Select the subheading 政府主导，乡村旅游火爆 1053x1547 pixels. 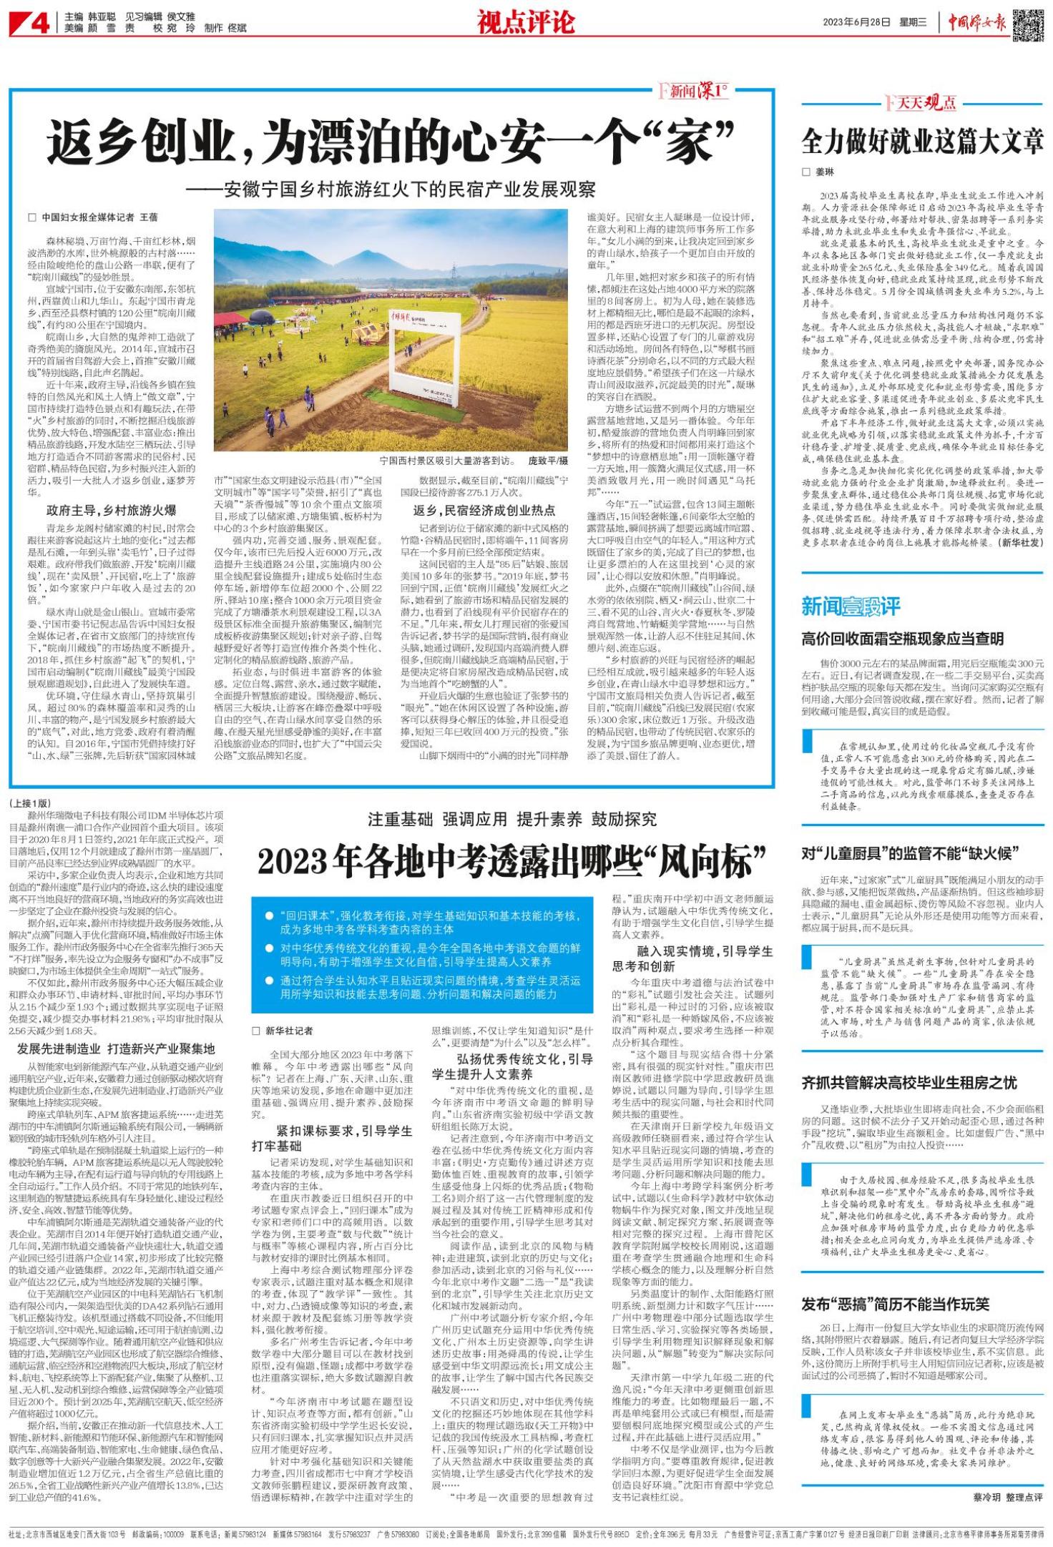[111, 510]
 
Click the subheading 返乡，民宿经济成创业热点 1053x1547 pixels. [484, 510]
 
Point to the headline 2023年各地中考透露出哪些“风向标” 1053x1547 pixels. [511, 863]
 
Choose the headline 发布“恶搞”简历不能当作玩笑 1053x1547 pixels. [895, 1304]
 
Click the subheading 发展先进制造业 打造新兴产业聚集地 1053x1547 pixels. [116, 1049]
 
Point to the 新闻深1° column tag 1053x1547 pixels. [692, 92]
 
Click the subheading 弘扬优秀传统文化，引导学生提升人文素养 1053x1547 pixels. [511, 1066]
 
